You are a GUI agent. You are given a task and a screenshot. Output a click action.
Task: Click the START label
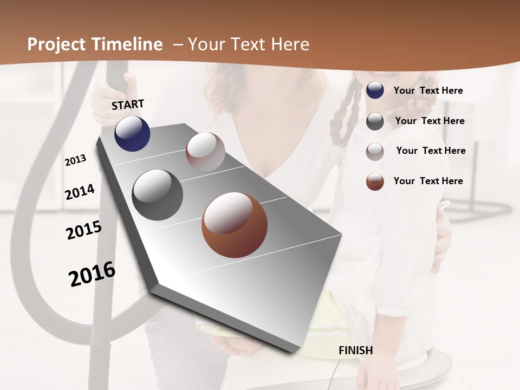(128, 105)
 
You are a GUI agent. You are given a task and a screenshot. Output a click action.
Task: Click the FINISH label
(355, 350)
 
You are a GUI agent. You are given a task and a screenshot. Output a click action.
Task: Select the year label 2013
(75, 160)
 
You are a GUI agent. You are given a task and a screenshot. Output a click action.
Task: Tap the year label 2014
(80, 192)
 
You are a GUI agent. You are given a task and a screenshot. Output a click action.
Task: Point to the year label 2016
(92, 274)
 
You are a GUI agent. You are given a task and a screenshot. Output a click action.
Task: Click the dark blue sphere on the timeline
(132, 133)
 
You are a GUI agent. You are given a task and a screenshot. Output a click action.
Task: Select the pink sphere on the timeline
(205, 152)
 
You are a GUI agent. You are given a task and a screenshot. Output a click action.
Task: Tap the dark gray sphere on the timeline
(157, 195)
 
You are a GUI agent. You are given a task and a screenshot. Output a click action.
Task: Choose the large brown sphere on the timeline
(235, 225)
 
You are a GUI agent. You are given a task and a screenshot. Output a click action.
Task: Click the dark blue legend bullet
(375, 90)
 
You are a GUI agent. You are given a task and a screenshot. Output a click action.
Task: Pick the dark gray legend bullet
(375, 121)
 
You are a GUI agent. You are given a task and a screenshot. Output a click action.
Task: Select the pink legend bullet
(375, 151)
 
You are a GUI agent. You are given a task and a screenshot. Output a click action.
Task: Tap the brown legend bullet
(375, 181)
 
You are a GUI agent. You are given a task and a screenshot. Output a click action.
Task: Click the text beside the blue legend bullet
(428, 90)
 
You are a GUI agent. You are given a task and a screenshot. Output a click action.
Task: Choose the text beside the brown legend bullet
(428, 181)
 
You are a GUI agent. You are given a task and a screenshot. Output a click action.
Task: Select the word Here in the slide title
(290, 44)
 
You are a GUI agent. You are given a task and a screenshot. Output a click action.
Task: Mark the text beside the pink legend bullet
(431, 151)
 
